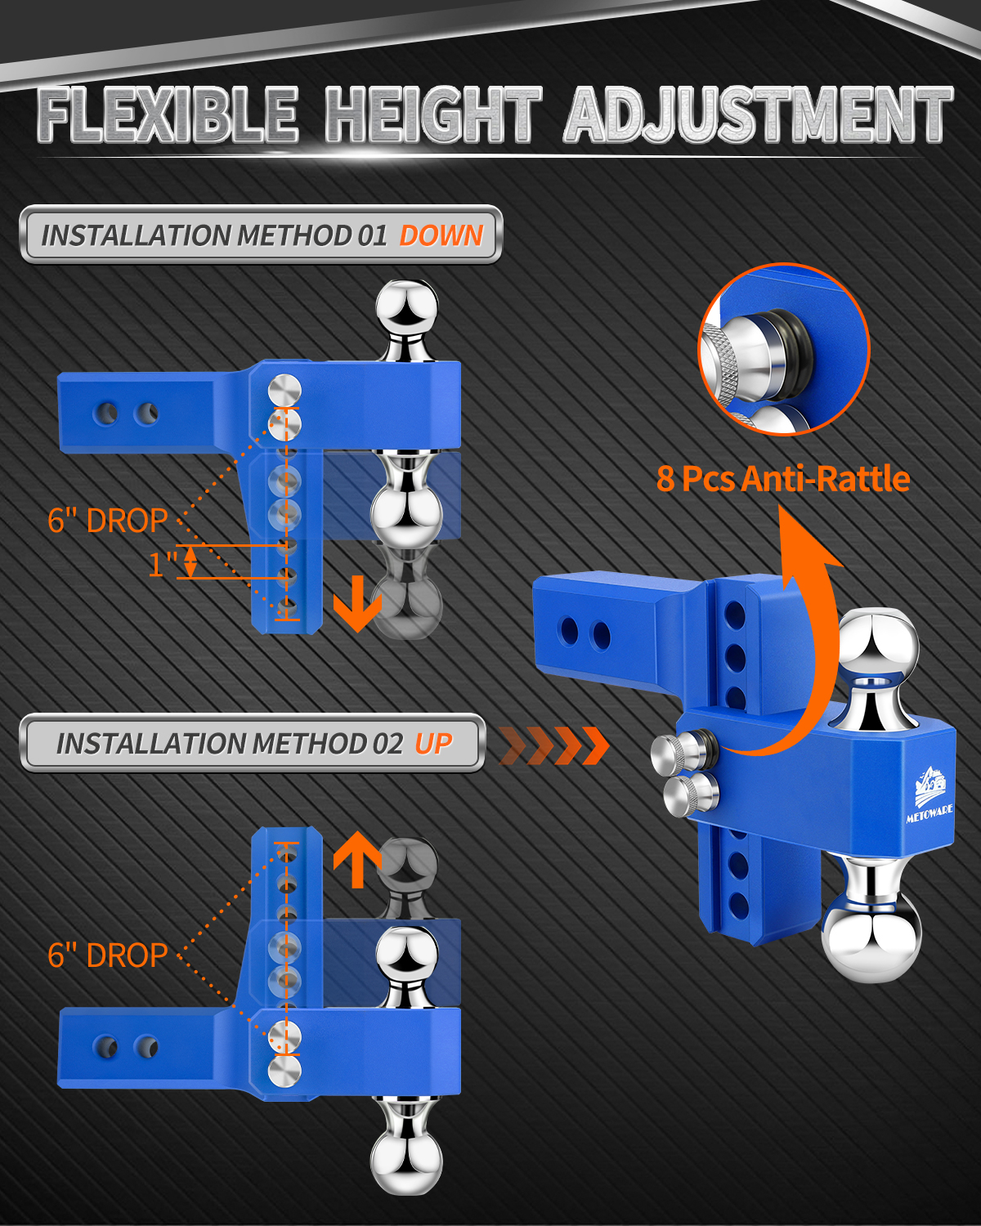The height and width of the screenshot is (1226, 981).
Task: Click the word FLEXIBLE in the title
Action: (x=168, y=114)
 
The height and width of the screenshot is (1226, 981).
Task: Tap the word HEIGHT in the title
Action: (x=432, y=114)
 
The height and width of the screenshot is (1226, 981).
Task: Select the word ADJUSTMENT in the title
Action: (x=758, y=114)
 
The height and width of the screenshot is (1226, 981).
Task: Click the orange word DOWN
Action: (x=441, y=235)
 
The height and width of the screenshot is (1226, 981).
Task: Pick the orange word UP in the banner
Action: (x=433, y=744)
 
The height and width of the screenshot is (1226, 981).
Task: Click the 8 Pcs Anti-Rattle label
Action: (x=783, y=479)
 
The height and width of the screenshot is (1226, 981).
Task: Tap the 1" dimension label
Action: (x=163, y=565)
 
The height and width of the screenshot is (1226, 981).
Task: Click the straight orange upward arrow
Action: (x=357, y=859)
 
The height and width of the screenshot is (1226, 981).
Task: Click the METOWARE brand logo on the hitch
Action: (x=929, y=794)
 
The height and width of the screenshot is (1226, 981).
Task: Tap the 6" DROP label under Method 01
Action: (x=108, y=521)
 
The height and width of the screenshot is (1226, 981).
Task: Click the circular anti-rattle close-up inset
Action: (x=784, y=349)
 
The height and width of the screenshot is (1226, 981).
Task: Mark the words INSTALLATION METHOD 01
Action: (x=213, y=235)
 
